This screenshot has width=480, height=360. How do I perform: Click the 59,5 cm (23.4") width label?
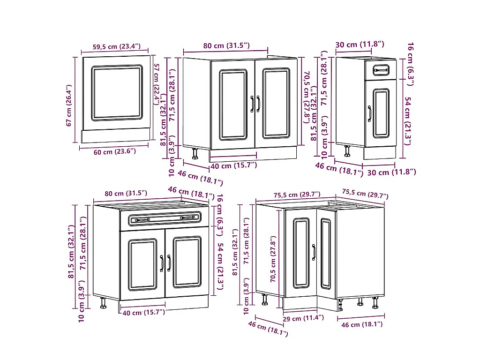[x=116, y=46]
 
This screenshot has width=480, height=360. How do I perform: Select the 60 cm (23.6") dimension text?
[x=114, y=151]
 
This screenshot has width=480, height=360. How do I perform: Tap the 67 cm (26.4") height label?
[x=68, y=105]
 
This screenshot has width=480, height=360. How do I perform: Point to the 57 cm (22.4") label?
[x=157, y=84]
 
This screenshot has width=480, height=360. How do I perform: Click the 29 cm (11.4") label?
[x=303, y=318]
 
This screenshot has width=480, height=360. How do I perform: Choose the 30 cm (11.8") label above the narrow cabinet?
[x=360, y=45]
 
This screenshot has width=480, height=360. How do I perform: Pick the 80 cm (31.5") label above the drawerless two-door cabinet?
[x=226, y=45]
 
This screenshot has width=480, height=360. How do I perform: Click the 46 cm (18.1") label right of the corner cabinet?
[x=362, y=324]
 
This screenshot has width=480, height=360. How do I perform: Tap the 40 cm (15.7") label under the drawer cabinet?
[x=143, y=313]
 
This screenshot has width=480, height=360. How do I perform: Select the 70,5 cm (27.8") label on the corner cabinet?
[x=273, y=259]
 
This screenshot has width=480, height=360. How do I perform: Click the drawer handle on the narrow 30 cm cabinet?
[x=381, y=70]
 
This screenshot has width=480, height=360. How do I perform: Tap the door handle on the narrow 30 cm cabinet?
[x=369, y=114]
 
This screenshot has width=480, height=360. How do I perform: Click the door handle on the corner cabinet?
[x=314, y=252]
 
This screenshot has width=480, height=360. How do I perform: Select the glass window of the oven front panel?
[x=117, y=93]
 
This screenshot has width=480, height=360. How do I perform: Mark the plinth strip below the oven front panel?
[x=116, y=135]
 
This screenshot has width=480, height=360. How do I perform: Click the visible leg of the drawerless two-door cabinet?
[x=195, y=154]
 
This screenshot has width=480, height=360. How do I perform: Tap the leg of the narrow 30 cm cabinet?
[x=347, y=151]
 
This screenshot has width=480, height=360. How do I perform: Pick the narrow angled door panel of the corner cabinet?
[x=326, y=254]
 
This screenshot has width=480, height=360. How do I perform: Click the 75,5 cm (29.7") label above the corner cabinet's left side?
[x=297, y=195]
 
